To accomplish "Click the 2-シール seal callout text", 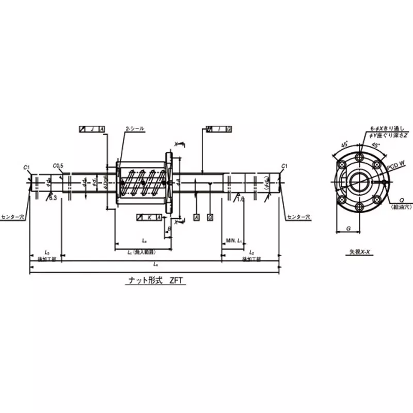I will [x=135, y=129].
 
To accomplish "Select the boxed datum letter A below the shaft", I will [x=197, y=217].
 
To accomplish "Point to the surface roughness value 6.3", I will [x=53, y=198].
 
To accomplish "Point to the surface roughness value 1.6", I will [x=241, y=198].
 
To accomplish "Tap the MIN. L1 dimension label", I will [x=234, y=241].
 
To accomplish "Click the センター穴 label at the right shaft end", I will [x=299, y=217].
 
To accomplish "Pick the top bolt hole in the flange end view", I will [x=359, y=154].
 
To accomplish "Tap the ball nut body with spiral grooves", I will [x=140, y=182].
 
